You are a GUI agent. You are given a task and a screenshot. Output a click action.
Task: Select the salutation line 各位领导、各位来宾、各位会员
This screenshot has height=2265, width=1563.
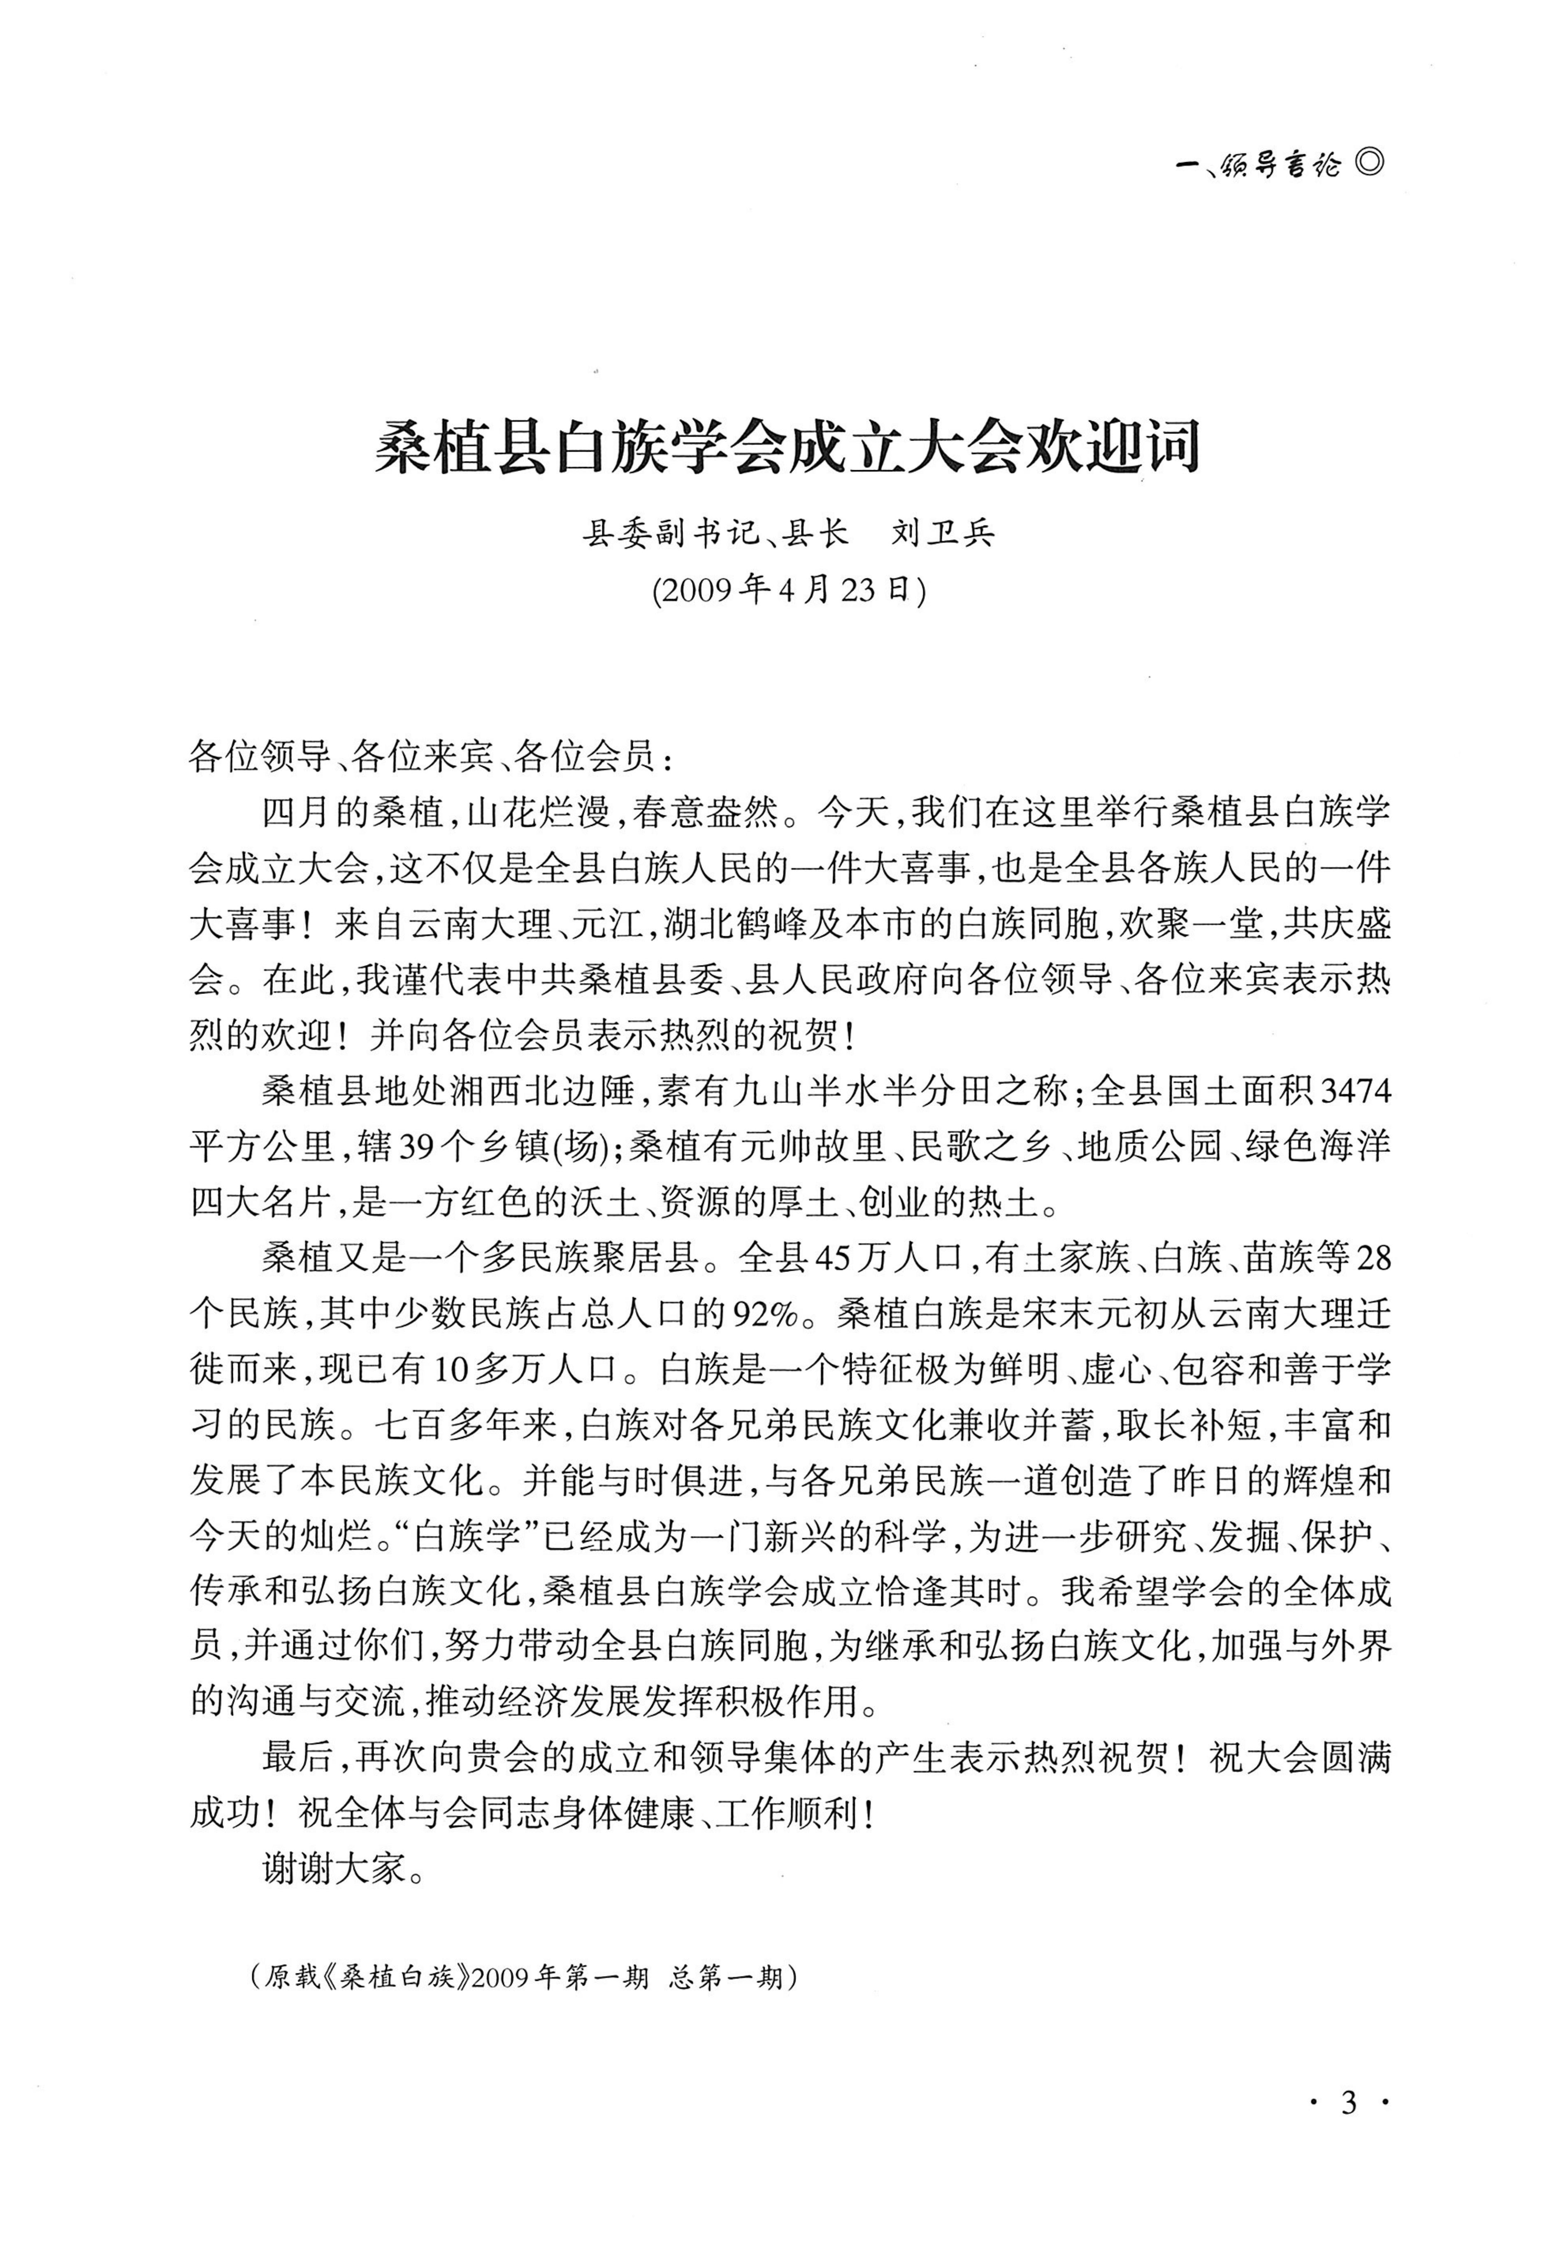coord(431,757)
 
